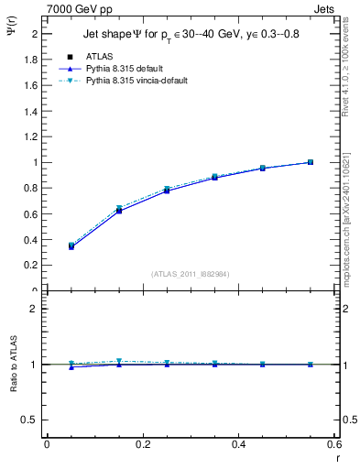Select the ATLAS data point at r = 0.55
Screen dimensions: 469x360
(311, 162)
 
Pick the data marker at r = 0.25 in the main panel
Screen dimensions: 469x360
(167, 190)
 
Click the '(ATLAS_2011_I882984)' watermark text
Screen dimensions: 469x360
(191, 273)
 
